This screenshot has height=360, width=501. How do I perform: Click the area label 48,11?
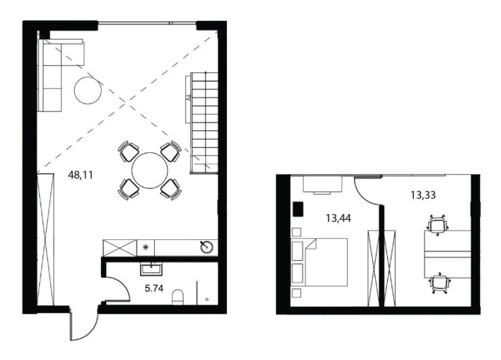[80, 175]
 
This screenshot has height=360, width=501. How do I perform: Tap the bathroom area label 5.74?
[154, 289]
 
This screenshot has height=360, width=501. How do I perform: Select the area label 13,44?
[339, 218]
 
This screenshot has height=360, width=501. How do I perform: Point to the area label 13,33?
[423, 195]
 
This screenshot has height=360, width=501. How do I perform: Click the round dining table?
[150, 171]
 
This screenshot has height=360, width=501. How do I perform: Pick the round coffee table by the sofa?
[88, 90]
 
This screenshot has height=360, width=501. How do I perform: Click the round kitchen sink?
[207, 247]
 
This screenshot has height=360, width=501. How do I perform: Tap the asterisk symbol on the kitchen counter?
[145, 247]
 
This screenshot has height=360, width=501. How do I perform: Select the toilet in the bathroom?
[178, 297]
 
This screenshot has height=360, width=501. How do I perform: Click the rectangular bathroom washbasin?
[151, 269]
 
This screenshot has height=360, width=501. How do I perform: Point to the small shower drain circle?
[207, 299]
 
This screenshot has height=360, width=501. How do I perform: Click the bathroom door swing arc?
[123, 282]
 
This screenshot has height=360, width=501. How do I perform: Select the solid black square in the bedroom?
[298, 209]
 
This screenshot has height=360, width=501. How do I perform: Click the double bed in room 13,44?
[326, 262]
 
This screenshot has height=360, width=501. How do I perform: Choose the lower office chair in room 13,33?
[440, 284]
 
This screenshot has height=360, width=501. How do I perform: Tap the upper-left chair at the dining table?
[128, 151]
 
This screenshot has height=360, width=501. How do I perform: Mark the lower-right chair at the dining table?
[171, 189]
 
